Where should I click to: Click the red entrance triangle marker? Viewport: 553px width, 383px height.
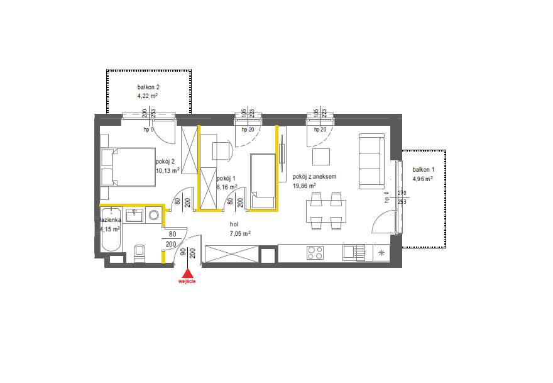187,273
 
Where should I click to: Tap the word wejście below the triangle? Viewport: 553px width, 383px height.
187,282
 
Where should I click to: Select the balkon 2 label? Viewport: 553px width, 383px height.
148,87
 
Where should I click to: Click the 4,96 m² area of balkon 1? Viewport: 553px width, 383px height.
422,179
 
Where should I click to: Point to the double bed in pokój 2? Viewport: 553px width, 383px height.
129,167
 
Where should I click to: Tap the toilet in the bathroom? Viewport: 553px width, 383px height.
140,252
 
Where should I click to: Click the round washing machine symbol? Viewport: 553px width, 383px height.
154,216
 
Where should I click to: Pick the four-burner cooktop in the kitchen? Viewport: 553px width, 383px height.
314,253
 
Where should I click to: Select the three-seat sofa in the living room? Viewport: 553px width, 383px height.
371,161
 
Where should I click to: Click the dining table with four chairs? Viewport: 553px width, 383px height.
326,211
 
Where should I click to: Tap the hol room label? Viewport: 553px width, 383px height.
234,223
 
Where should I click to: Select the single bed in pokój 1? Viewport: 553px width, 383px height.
263,180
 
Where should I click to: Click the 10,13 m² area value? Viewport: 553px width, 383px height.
168,170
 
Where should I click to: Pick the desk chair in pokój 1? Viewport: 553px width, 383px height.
222,151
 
